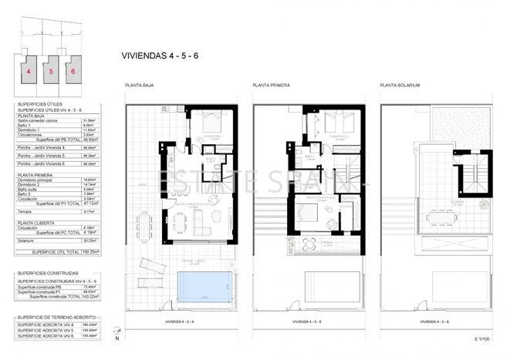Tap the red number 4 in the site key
click(x=29, y=70)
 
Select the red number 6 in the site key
click(x=73, y=70)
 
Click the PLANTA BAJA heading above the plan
click(x=140, y=85)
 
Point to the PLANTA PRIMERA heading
click(x=270, y=85)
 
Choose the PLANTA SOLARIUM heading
click(x=400, y=85)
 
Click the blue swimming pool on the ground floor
click(x=203, y=286)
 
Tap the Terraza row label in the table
click(x=26, y=210)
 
